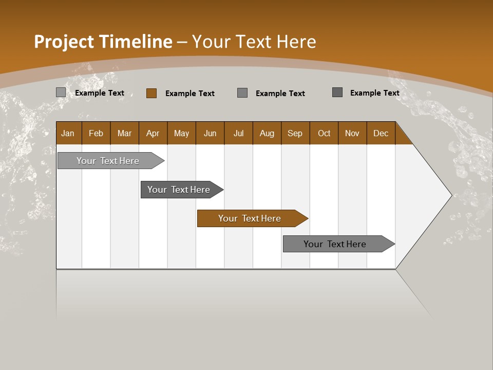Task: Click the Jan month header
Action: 68,133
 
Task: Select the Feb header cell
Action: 96,133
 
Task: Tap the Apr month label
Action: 153,133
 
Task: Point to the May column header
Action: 181,133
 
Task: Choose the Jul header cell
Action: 238,133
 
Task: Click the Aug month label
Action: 267,133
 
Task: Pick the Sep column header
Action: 295,133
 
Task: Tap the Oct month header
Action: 324,133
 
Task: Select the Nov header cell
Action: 352,133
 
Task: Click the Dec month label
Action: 381,133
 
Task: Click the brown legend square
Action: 151,93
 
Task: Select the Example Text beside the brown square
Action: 189,94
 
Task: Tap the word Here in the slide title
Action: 296,42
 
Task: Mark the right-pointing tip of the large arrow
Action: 451,195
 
